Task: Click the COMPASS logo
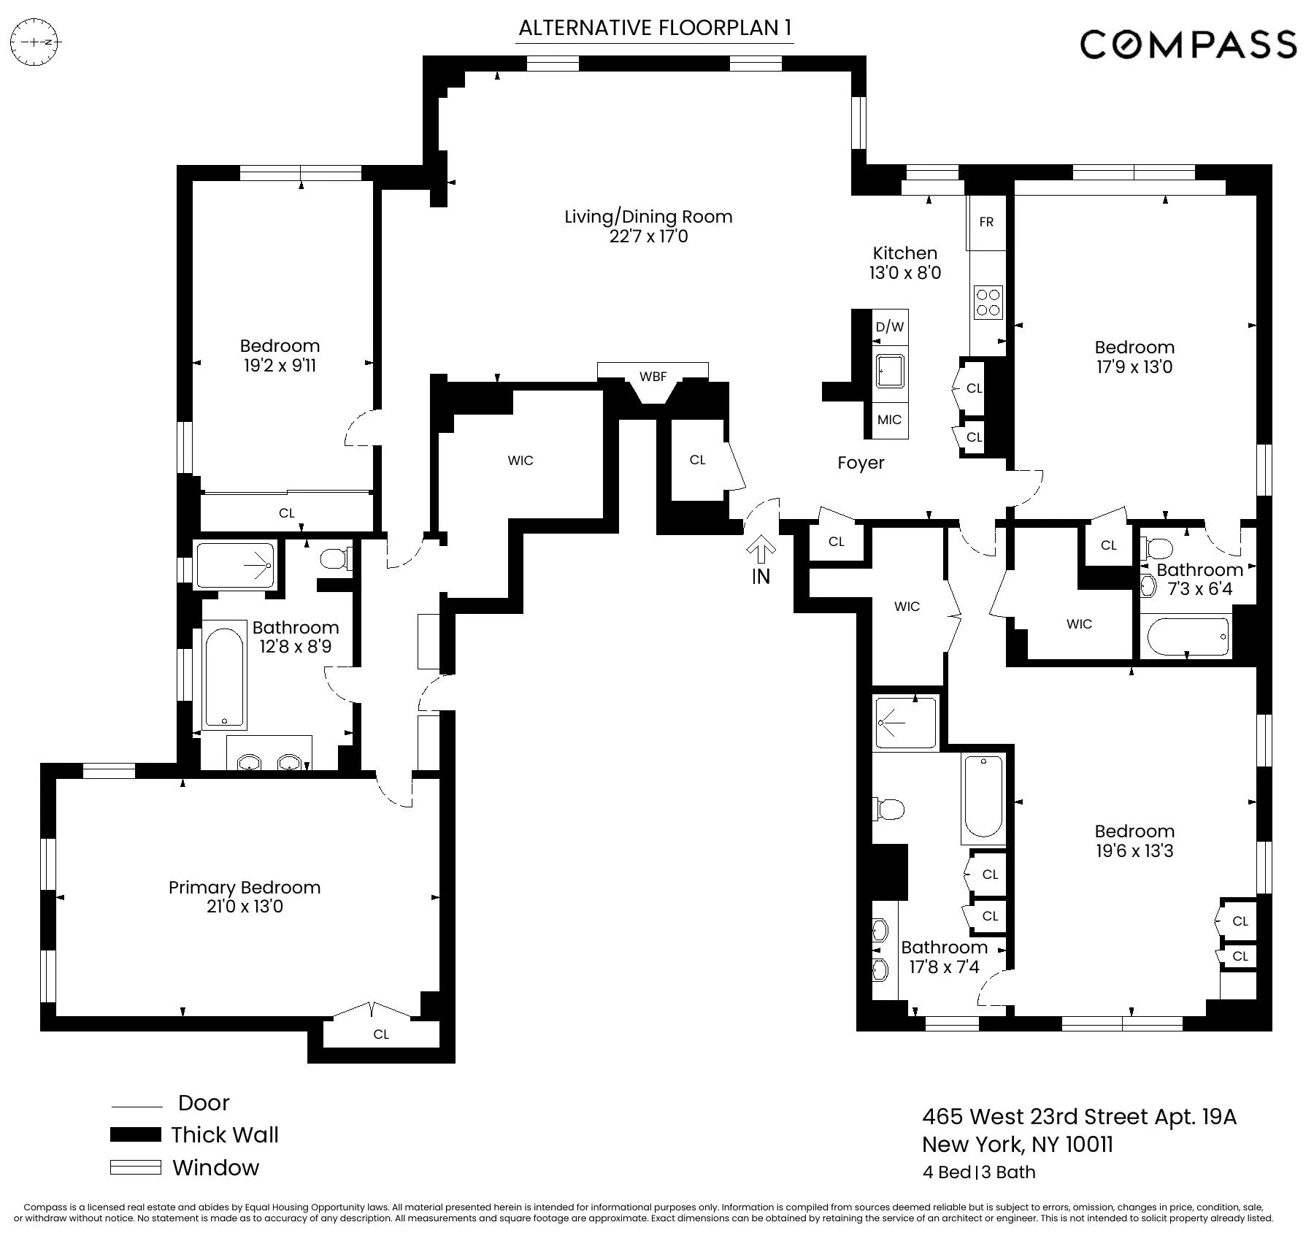(x=1188, y=45)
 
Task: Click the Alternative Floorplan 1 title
(x=654, y=28)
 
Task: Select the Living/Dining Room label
(x=648, y=217)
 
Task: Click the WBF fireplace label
(x=653, y=377)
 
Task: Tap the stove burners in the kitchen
(x=988, y=302)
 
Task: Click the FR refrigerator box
(x=986, y=222)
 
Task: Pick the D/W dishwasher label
(x=890, y=327)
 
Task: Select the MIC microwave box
(x=889, y=420)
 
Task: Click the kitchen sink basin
(x=890, y=373)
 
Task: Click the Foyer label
(x=861, y=463)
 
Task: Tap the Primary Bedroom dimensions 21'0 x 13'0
(x=245, y=907)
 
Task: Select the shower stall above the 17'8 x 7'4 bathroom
(x=905, y=723)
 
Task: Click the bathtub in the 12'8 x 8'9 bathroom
(x=224, y=675)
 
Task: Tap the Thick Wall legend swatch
(x=135, y=1134)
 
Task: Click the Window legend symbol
(x=135, y=1167)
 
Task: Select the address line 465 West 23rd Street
(x=1079, y=1117)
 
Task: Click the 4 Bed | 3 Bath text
(x=978, y=1172)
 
